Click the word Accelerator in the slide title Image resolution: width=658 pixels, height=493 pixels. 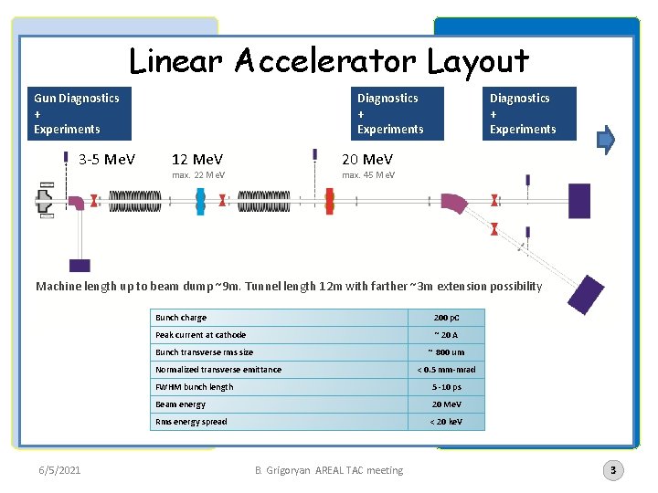(326, 61)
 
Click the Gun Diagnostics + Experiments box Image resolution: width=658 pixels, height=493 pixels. (77, 113)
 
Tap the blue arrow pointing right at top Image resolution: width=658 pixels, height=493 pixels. (606, 139)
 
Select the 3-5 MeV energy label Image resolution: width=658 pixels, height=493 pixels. (107, 160)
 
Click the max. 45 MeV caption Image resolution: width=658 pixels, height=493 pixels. (368, 174)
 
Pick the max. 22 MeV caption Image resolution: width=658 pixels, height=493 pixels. (198, 174)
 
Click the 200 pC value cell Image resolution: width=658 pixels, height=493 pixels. (446, 318)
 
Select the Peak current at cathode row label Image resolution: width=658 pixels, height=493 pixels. (201, 335)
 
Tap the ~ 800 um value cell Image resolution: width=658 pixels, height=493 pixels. (446, 352)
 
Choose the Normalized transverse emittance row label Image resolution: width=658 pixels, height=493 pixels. (218, 370)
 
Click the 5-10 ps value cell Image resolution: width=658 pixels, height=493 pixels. (446, 387)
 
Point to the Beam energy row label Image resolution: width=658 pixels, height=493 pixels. (181, 404)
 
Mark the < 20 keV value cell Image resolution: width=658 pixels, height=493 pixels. (446, 422)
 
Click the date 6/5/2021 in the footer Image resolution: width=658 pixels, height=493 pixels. (59, 470)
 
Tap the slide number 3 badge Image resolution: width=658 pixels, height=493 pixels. (613, 470)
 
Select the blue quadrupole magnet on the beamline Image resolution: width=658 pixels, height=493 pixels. (201, 201)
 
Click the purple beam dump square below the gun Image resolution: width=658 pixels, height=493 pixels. (80, 265)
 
